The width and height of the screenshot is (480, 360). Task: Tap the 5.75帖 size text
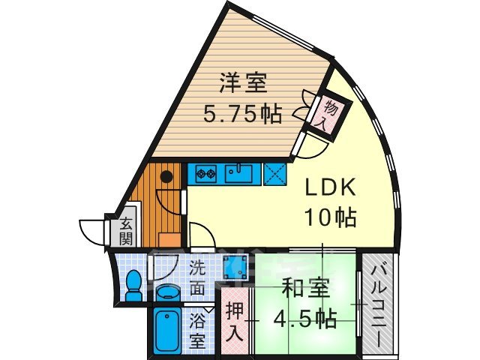click(244, 114)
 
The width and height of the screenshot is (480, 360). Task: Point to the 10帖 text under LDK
click(329, 218)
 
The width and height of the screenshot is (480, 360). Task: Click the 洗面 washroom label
click(196, 277)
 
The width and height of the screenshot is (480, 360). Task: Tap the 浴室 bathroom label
click(196, 329)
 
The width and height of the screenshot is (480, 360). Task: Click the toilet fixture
click(133, 286)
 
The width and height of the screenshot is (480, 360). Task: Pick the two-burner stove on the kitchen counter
click(205, 175)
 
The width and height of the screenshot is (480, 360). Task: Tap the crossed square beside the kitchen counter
click(274, 174)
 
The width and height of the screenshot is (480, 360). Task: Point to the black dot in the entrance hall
click(166, 177)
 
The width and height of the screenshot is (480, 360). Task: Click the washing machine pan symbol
click(238, 265)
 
